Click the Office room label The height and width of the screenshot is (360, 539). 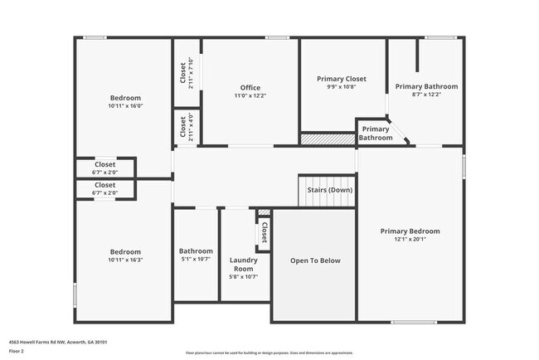tap(250, 88)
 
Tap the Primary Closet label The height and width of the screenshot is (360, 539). tap(341, 79)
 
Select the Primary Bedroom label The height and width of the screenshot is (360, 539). tap(410, 231)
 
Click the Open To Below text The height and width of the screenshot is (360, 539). tap(314, 260)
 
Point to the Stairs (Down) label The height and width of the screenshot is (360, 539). tap(329, 191)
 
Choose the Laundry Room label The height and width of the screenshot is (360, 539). tap(243, 265)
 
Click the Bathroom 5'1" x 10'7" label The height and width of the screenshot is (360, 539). tap(196, 251)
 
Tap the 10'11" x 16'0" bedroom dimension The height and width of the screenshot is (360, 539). tap(125, 106)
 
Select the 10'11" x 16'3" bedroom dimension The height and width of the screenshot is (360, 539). tap(125, 260)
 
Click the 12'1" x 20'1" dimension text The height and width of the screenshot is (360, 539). tap(410, 241)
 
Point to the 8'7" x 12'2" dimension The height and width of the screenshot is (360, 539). tap(426, 95)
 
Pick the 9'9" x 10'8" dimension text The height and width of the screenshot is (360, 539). tap(341, 87)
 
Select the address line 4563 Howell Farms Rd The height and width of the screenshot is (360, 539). tap(58, 342)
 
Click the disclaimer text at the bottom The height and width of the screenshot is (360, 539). tap(269, 353)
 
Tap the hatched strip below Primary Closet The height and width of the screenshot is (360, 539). tap(327, 140)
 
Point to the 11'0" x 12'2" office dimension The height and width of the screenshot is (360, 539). tap(250, 96)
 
